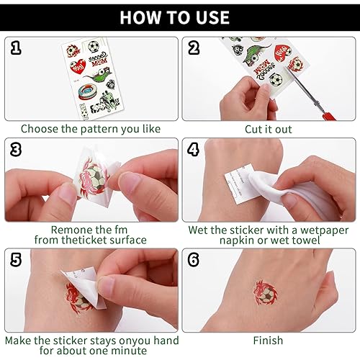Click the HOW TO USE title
[179, 17]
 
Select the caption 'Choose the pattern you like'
[89, 129]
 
